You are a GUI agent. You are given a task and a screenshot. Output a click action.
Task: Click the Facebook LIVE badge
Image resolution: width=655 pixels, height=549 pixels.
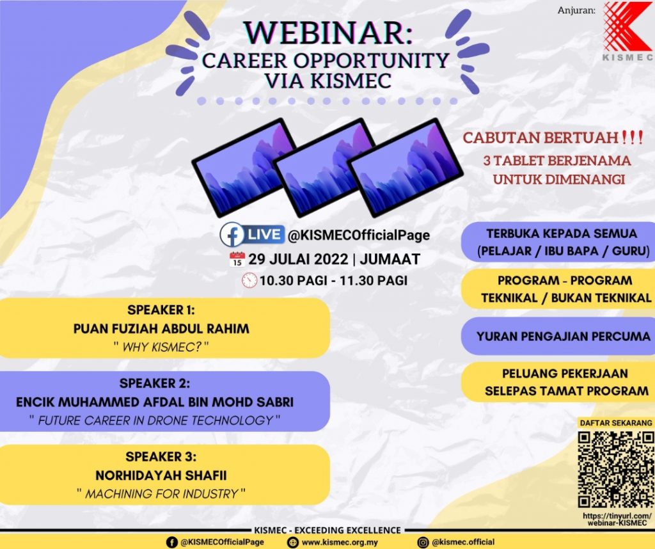tap(252, 234)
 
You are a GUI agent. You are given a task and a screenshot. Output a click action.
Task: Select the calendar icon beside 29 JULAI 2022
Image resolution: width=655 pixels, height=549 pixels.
tap(237, 260)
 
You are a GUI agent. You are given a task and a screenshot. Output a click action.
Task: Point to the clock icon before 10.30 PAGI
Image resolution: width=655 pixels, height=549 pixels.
tap(249, 280)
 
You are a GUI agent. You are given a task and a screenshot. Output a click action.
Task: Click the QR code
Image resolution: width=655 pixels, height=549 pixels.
tap(615, 469)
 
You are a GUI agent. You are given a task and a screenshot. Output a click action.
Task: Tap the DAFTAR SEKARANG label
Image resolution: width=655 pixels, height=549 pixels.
tap(615, 423)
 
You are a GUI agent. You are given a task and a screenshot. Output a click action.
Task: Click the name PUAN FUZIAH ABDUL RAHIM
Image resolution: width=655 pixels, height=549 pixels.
tap(161, 329)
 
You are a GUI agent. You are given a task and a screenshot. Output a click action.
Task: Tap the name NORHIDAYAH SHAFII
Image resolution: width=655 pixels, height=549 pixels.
tap(161, 475)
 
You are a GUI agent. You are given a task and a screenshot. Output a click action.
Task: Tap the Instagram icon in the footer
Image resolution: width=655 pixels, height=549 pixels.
tap(423, 542)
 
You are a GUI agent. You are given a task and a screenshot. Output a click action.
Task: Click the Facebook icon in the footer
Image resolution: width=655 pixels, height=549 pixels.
tap(171, 542)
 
